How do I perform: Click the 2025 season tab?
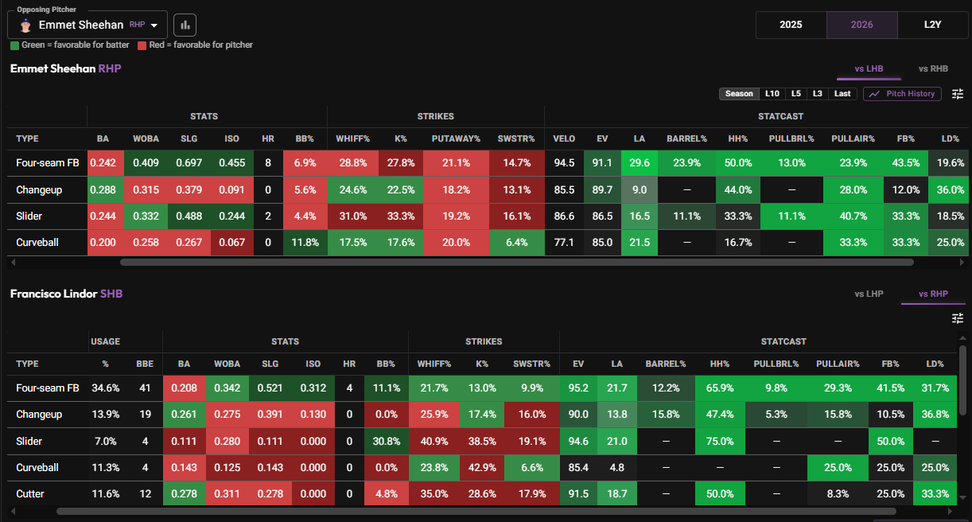click(791, 25)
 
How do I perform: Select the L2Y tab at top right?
click(932, 25)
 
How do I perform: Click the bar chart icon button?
click(185, 25)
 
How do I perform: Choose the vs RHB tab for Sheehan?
click(933, 68)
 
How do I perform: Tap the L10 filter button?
click(772, 94)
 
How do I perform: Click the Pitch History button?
click(902, 94)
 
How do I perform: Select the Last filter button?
click(842, 94)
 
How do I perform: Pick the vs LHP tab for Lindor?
click(869, 294)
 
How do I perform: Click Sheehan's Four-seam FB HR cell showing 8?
click(268, 163)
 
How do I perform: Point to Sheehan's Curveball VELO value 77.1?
click(564, 243)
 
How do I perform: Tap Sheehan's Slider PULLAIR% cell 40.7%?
click(853, 216)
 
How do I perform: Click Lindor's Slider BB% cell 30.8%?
click(387, 441)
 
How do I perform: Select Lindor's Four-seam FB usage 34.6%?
click(106, 388)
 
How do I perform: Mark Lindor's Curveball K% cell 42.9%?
click(482, 468)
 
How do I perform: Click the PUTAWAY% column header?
click(456, 139)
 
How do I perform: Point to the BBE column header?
click(145, 364)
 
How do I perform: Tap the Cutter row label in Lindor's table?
click(30, 494)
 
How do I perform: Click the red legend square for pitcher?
click(142, 45)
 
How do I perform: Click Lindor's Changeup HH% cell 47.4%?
click(720, 415)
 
